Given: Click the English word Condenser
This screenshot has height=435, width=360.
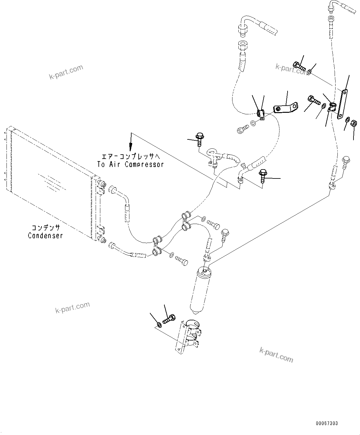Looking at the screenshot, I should (x=45, y=235).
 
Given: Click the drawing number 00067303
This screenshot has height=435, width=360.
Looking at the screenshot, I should (x=327, y=423).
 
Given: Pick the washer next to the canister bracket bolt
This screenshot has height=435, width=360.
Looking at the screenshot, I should (x=159, y=325).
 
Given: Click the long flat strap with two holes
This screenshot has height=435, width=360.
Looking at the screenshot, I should (x=342, y=103).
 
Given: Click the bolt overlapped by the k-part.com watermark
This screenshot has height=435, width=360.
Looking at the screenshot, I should (x=299, y=66).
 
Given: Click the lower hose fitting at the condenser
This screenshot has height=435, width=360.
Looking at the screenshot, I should (x=112, y=247).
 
